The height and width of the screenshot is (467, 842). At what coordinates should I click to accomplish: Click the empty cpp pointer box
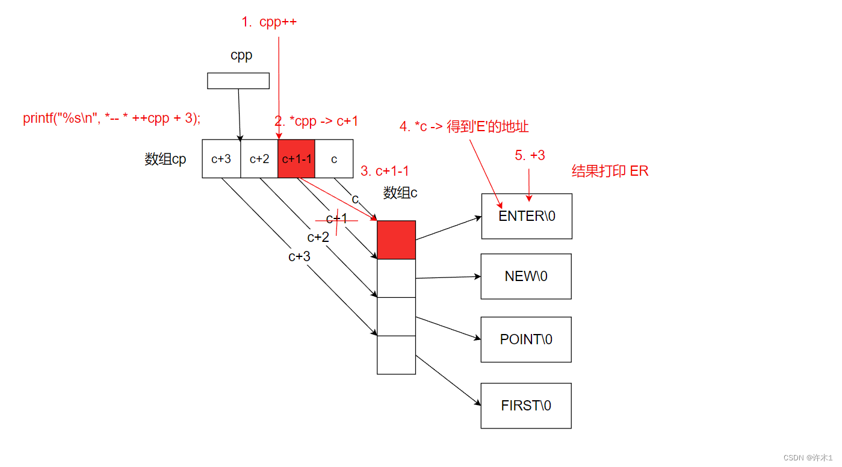tap(238, 81)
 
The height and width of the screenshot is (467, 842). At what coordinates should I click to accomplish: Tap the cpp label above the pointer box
tap(241, 55)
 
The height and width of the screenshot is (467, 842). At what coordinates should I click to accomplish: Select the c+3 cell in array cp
tap(221, 159)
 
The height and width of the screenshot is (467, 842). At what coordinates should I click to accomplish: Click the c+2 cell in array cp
tap(259, 159)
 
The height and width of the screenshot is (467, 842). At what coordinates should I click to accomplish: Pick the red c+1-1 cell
tap(296, 159)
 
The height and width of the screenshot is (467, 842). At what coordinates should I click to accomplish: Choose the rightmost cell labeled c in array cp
tap(334, 159)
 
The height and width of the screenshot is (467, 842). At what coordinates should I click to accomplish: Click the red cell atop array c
tap(396, 240)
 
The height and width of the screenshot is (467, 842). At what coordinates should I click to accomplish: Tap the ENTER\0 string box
tap(527, 216)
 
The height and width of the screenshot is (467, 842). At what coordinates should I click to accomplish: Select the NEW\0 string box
tap(526, 276)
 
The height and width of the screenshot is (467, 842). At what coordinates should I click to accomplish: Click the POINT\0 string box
tap(526, 339)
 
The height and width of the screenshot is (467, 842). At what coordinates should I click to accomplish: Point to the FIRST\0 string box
tap(526, 406)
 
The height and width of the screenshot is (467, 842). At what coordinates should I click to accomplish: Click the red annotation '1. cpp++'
tap(269, 22)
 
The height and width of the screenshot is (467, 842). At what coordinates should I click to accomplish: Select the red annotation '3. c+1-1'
tap(385, 172)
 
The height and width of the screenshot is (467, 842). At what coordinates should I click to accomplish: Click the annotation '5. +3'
tap(530, 155)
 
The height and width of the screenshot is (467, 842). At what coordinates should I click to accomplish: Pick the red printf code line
tap(112, 118)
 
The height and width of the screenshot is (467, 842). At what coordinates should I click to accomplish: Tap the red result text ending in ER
tap(610, 171)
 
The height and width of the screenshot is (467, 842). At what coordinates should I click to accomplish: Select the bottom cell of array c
tap(396, 354)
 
